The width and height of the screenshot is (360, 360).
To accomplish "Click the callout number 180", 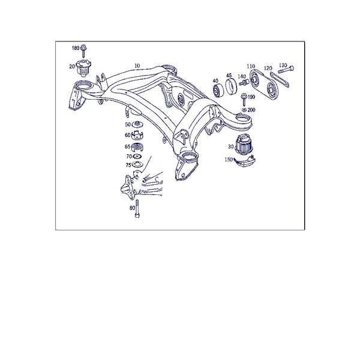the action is (x=76, y=48).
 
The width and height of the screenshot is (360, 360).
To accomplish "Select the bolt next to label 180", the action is (x=83, y=51).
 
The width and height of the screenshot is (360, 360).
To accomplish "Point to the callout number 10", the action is (x=137, y=66).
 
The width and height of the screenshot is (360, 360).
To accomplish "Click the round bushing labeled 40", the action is (x=218, y=91).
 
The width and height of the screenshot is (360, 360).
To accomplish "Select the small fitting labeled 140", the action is (x=244, y=83).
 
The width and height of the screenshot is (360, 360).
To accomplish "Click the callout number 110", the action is (x=251, y=67).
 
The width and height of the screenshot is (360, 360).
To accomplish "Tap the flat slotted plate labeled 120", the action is (x=280, y=79).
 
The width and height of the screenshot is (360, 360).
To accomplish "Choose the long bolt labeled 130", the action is (x=286, y=70).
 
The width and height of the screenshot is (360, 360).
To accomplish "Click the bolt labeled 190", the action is (x=244, y=100).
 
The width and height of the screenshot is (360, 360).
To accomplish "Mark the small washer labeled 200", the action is (x=244, y=110).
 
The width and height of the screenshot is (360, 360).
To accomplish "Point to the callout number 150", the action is (x=229, y=160).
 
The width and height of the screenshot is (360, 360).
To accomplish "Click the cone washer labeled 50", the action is (x=137, y=124).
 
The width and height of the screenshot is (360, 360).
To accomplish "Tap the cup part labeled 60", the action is (x=137, y=135).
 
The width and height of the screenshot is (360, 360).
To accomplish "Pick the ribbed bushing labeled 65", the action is (x=138, y=147).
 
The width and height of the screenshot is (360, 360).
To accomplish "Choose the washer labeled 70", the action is (x=137, y=157).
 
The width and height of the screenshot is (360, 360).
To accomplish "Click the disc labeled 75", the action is (x=137, y=164).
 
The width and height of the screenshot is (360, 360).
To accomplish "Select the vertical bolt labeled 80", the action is (x=137, y=208).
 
